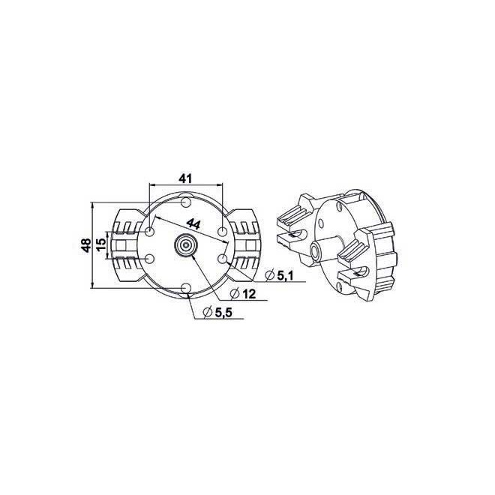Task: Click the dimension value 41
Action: (187, 178)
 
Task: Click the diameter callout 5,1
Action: (283, 276)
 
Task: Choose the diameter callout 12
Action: (249, 293)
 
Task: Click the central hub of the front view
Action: (185, 244)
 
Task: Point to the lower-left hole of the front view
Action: (151, 259)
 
